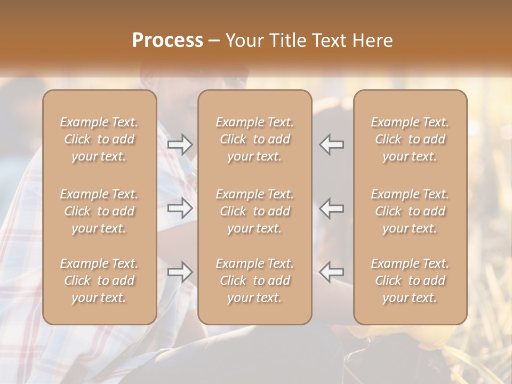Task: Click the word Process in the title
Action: [167, 41]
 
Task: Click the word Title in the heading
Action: [287, 41]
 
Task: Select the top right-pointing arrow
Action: [180, 144]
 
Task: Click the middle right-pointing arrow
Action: [180, 208]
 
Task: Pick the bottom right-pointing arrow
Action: [180, 271]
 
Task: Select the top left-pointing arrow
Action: [332, 144]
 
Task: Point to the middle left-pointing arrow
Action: [332, 208]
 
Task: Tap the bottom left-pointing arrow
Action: [332, 271]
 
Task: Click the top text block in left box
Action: [99, 139]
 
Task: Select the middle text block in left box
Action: [99, 211]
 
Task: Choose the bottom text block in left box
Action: [99, 281]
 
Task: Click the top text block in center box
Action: [255, 139]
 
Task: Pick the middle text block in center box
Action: [255, 211]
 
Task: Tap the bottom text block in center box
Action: [255, 281]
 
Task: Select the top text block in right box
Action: [410, 139]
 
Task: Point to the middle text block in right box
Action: [410, 211]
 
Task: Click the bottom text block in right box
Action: [410, 281]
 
